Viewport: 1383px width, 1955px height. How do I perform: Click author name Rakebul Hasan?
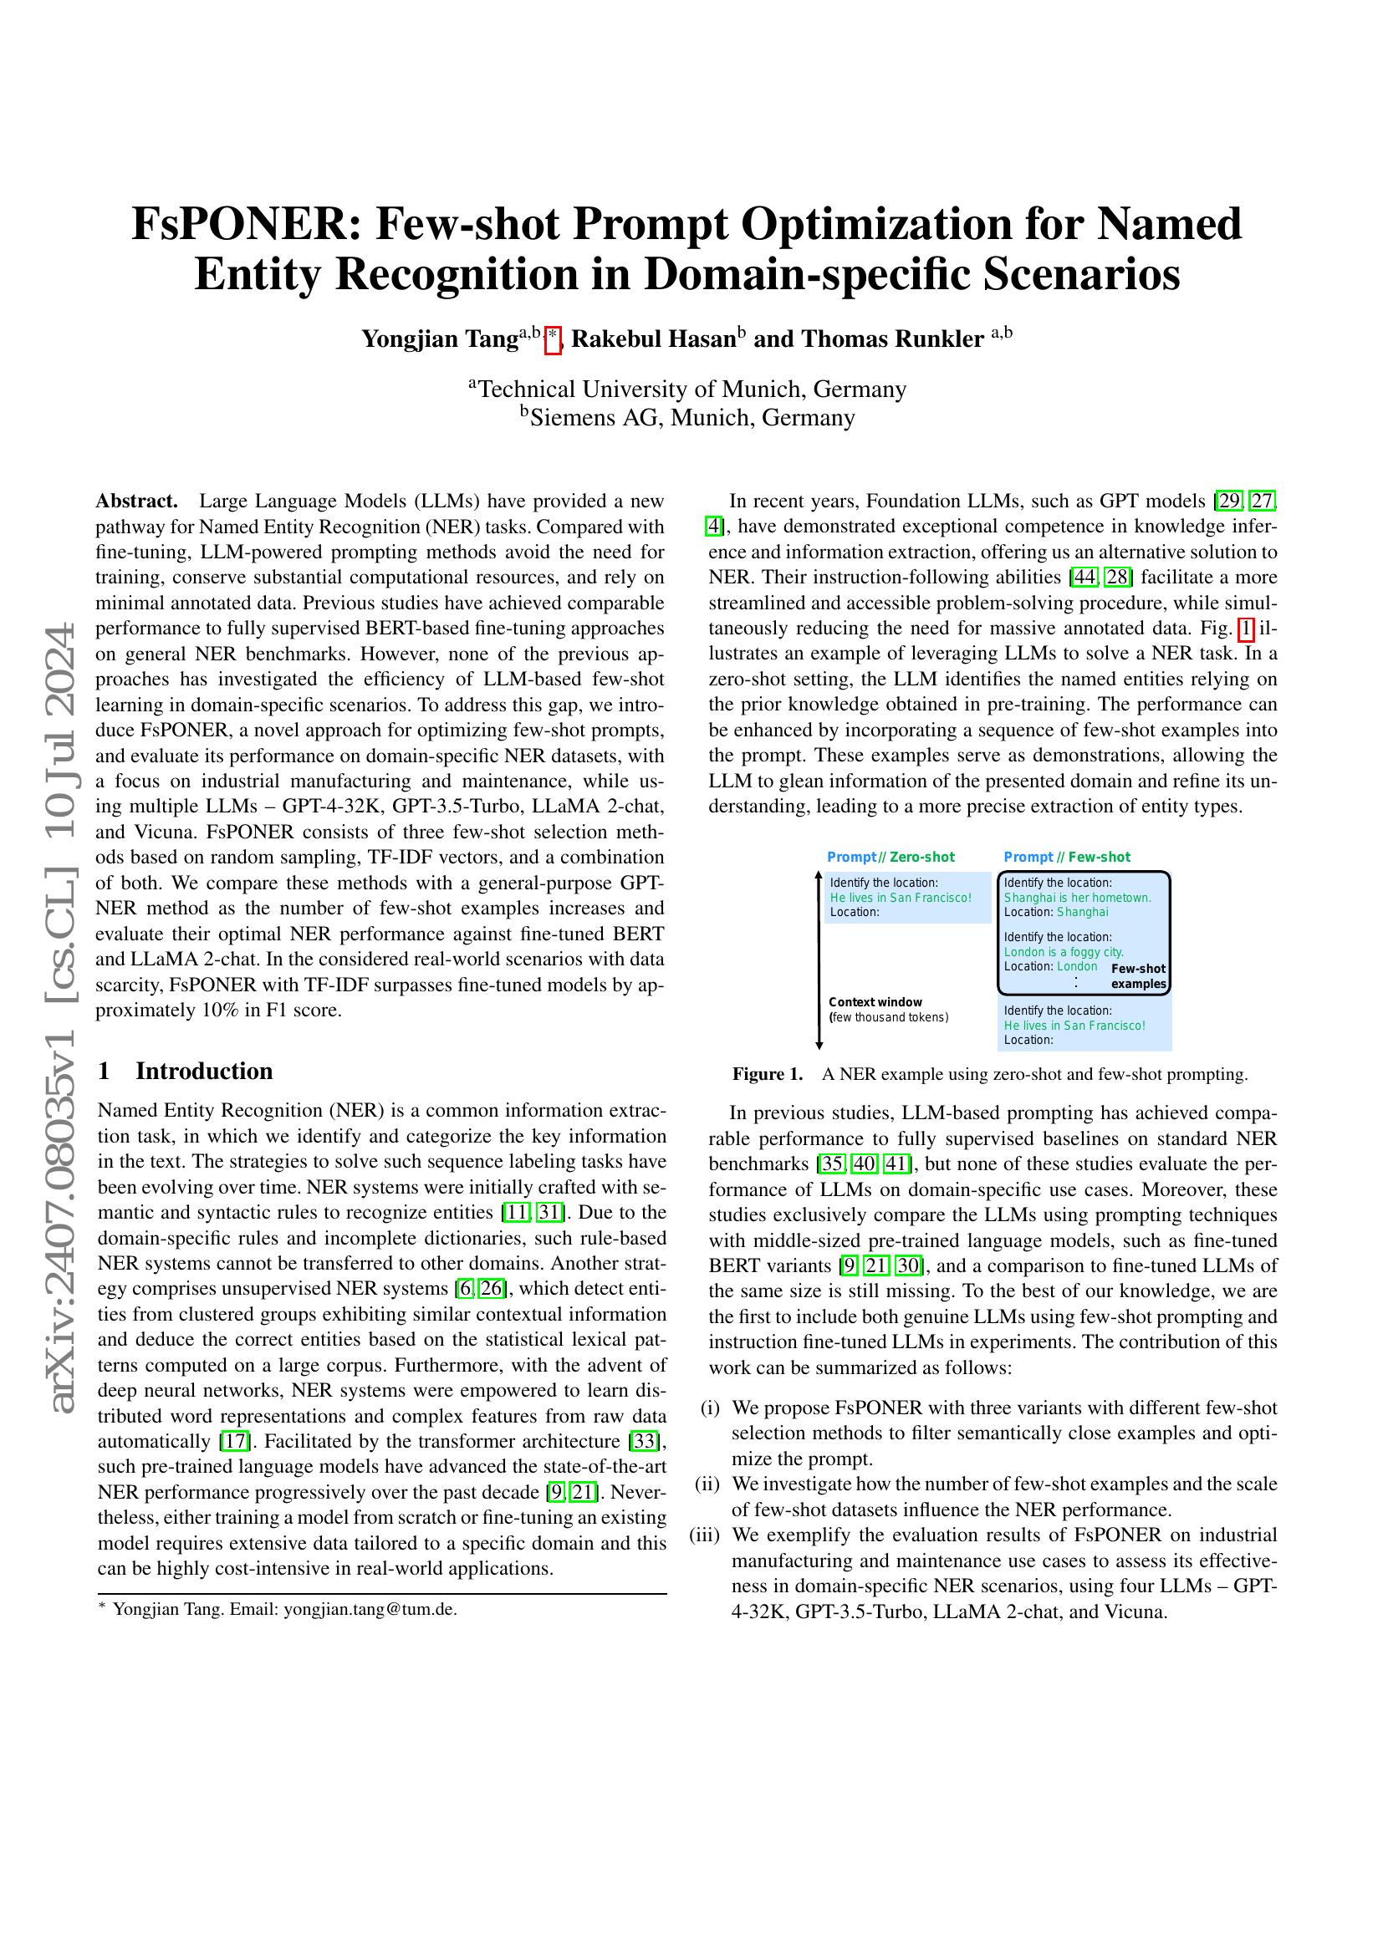653,339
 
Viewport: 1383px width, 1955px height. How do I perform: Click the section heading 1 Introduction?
186,1071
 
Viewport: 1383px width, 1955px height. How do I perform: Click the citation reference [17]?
234,1442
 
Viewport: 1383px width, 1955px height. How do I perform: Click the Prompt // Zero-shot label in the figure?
891,857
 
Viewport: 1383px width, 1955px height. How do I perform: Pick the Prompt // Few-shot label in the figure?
1067,857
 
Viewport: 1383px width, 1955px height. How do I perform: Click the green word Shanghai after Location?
1082,912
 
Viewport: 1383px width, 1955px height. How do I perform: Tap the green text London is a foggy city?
1064,952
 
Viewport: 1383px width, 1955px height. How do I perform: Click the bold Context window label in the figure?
875,1002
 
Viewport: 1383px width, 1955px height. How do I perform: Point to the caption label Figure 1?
768,1075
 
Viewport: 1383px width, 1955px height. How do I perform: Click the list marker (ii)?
707,1484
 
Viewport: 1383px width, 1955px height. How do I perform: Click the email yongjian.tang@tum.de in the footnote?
370,1609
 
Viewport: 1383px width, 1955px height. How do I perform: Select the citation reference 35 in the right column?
829,1164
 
